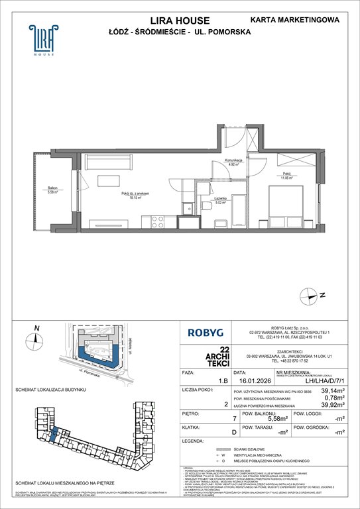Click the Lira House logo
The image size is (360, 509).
41,40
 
